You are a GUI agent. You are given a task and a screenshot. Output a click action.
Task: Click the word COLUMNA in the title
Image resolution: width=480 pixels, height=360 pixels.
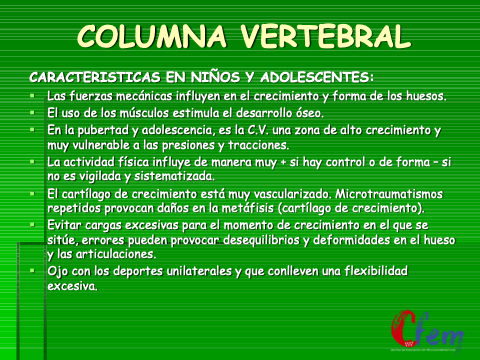pos(152,36)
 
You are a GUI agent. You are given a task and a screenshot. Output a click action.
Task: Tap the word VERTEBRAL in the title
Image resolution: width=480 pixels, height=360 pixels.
pos(326,36)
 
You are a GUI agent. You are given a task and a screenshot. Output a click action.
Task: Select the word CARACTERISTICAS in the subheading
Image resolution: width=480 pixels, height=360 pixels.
pos(95,77)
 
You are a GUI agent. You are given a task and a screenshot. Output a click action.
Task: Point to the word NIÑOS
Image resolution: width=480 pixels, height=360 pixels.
pos(215,76)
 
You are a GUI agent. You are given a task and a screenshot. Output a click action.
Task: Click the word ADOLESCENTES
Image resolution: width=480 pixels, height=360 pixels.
pos(317,77)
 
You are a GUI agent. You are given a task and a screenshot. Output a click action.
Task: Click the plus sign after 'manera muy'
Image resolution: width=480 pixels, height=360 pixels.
pos(283,163)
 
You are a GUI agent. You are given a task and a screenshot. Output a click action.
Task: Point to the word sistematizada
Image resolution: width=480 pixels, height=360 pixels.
pos(174,176)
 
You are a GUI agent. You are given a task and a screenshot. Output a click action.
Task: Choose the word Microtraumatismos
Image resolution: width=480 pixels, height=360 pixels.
pos(389,194)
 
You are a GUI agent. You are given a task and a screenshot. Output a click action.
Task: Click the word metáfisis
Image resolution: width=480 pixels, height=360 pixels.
pos(248,208)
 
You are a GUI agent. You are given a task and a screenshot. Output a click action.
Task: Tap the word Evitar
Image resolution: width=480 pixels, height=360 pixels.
pos(64,225)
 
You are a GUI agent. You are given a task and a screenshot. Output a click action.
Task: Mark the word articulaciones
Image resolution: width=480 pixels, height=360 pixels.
pos(116,254)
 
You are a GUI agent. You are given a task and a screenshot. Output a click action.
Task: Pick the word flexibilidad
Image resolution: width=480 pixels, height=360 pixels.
pos(376,270)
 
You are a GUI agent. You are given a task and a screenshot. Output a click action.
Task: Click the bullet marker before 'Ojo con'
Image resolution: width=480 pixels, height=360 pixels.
pos(32,271)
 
